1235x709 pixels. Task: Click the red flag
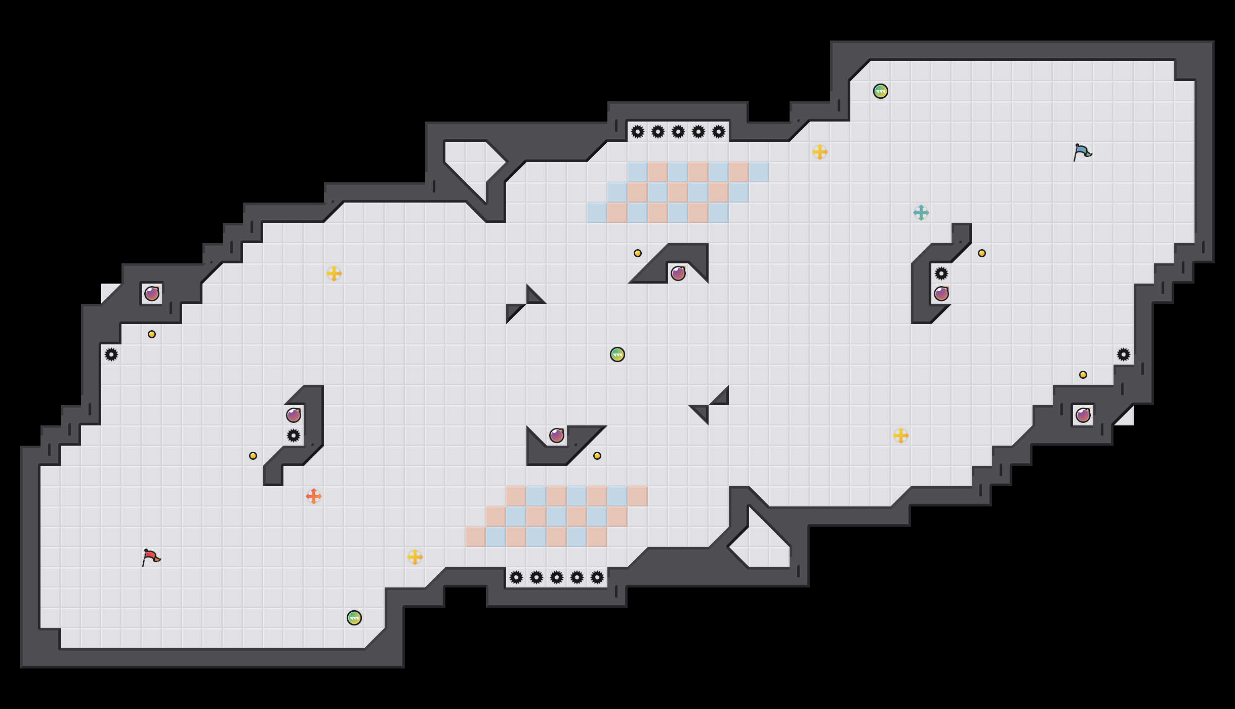[151, 558]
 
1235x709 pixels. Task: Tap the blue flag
[1082, 152]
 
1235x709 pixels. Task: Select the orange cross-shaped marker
[314, 496]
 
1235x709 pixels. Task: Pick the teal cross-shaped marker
[921, 213]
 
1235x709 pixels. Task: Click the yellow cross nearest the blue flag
[820, 152]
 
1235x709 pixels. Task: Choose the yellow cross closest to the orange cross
[415, 557]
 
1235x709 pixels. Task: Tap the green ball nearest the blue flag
[881, 91]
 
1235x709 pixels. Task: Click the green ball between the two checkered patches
[617, 354]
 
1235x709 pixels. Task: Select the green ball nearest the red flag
[354, 618]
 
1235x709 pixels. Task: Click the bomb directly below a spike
[941, 294]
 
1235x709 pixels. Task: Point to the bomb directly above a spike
[294, 415]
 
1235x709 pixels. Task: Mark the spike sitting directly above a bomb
[941, 273]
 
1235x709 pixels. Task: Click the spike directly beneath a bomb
[294, 436]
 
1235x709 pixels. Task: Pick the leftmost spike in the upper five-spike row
[638, 132]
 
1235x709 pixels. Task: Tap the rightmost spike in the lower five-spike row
[597, 577]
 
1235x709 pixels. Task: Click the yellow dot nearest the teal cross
[982, 253]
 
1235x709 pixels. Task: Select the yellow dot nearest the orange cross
[253, 456]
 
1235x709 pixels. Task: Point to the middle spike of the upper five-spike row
[678, 132]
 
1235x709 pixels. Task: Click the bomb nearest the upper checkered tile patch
[678, 273]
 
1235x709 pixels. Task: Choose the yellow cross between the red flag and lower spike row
[415, 557]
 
